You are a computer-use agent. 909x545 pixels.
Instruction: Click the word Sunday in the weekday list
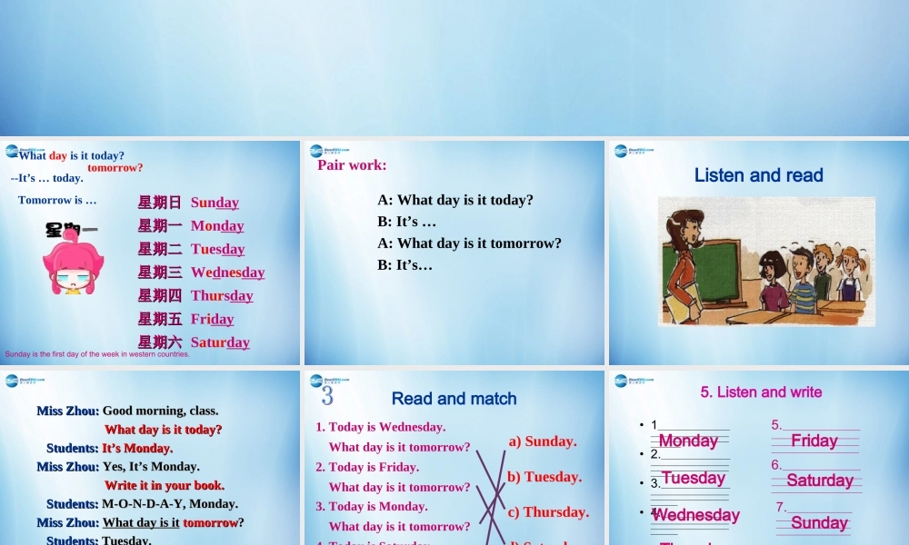[215, 203]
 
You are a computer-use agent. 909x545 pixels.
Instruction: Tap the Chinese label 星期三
[160, 272]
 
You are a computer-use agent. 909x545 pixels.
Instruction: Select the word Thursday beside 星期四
[222, 295]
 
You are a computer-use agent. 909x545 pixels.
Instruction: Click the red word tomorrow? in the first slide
[115, 167]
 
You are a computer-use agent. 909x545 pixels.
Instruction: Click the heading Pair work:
[352, 165]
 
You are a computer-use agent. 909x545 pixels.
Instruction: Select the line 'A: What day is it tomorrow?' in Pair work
[470, 243]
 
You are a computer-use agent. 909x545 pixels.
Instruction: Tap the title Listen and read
[758, 175]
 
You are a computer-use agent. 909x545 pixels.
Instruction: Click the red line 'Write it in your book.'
[165, 485]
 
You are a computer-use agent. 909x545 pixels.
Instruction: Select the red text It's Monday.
[137, 448]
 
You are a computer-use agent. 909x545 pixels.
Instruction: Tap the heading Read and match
[454, 399]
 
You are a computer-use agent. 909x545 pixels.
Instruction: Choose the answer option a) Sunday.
[543, 441]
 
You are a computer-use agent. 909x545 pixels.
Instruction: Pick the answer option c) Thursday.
[548, 512]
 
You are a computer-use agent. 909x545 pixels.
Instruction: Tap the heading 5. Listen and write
[761, 392]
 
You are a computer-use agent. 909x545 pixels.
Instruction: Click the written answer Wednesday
[696, 515]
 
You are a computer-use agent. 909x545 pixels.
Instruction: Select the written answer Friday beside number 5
[814, 441]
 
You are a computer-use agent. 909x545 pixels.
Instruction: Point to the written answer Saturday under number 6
[819, 481]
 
